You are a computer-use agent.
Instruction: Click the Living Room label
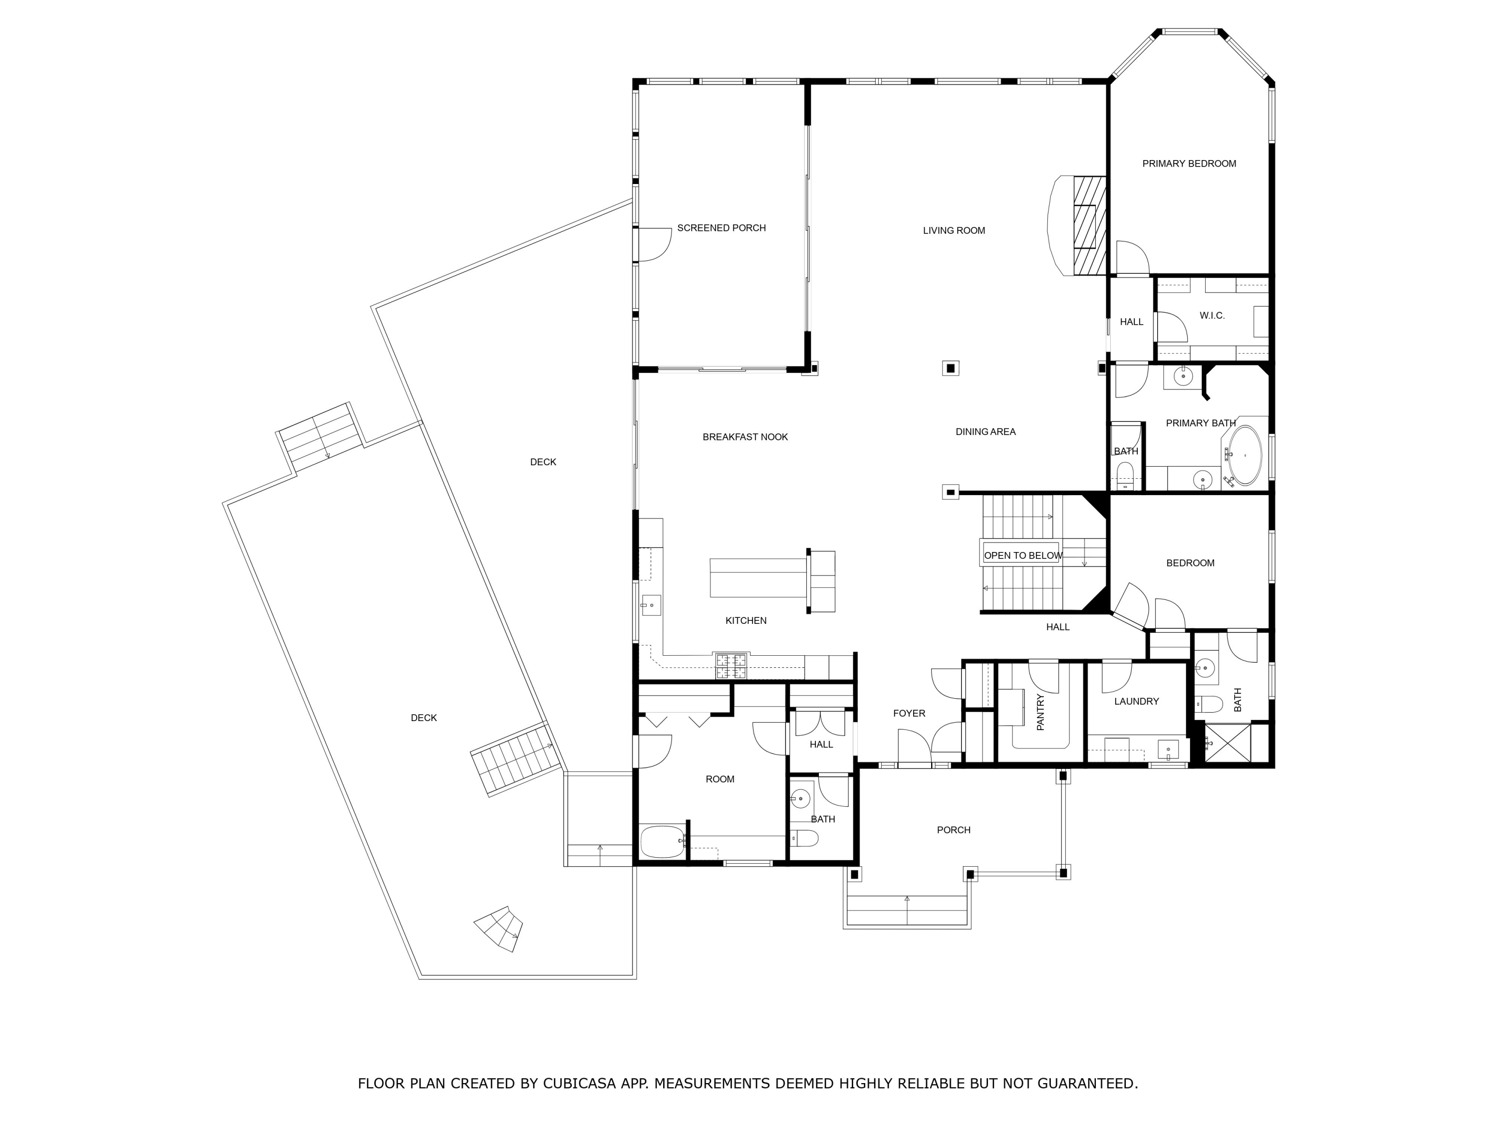pos(954,230)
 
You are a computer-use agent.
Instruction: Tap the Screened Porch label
pos(722,228)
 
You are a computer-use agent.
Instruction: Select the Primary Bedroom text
pos(1189,164)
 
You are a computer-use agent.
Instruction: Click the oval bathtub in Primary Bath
pos(1245,455)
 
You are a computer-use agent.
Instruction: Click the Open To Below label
pos(1022,555)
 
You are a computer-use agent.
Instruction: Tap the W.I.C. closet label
pos(1212,316)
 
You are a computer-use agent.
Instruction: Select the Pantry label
pos(1040,712)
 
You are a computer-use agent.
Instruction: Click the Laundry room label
pos(1136,701)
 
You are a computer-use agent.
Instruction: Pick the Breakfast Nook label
pos(745,437)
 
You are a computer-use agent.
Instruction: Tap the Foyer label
pos(909,714)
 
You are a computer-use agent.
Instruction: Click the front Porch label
pos(954,830)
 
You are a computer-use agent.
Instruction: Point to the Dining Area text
pos(986,431)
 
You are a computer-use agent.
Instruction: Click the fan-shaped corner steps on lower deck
pos(499,929)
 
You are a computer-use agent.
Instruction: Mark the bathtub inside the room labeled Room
pos(662,841)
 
